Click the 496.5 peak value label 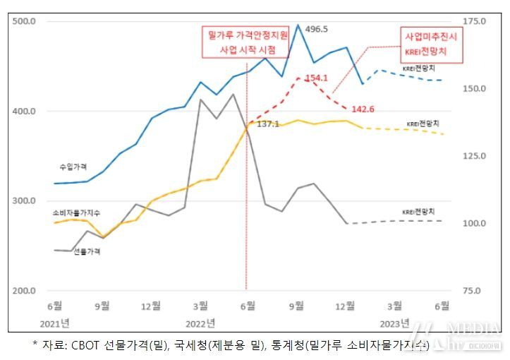317,29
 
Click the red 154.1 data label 317,78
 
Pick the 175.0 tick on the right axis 473,21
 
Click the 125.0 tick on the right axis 473,156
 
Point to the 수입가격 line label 73,167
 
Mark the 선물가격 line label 87,251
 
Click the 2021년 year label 54,323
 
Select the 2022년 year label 200,323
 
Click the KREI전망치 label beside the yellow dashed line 423,124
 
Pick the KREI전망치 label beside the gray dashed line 418,211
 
